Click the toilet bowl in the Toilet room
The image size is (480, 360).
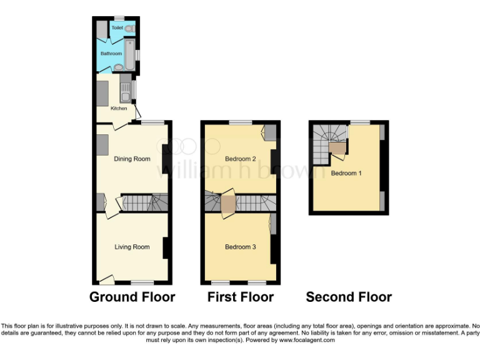pyautogui.click(x=129, y=28)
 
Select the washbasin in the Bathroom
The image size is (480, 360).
pyautogui.click(x=119, y=67)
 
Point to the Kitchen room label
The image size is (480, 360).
pyautogui.click(x=119, y=109)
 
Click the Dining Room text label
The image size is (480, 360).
pyautogui.click(x=132, y=159)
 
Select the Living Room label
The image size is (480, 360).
pyautogui.click(x=132, y=247)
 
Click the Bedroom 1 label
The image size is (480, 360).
pyautogui.click(x=346, y=173)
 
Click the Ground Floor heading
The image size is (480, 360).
pyautogui.click(x=132, y=297)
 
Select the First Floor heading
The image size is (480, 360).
pyautogui.click(x=241, y=297)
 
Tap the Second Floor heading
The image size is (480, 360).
pyautogui.click(x=349, y=297)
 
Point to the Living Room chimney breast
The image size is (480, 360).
pyautogui.click(x=166, y=248)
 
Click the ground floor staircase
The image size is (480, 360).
pyautogui.click(x=144, y=202)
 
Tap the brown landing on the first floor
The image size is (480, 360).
pyautogui.click(x=228, y=204)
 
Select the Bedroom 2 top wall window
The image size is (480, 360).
pyautogui.click(x=238, y=122)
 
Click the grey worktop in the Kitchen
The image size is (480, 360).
pyautogui.click(x=102, y=92)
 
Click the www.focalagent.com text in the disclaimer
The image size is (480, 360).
pyautogui.click(x=309, y=340)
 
